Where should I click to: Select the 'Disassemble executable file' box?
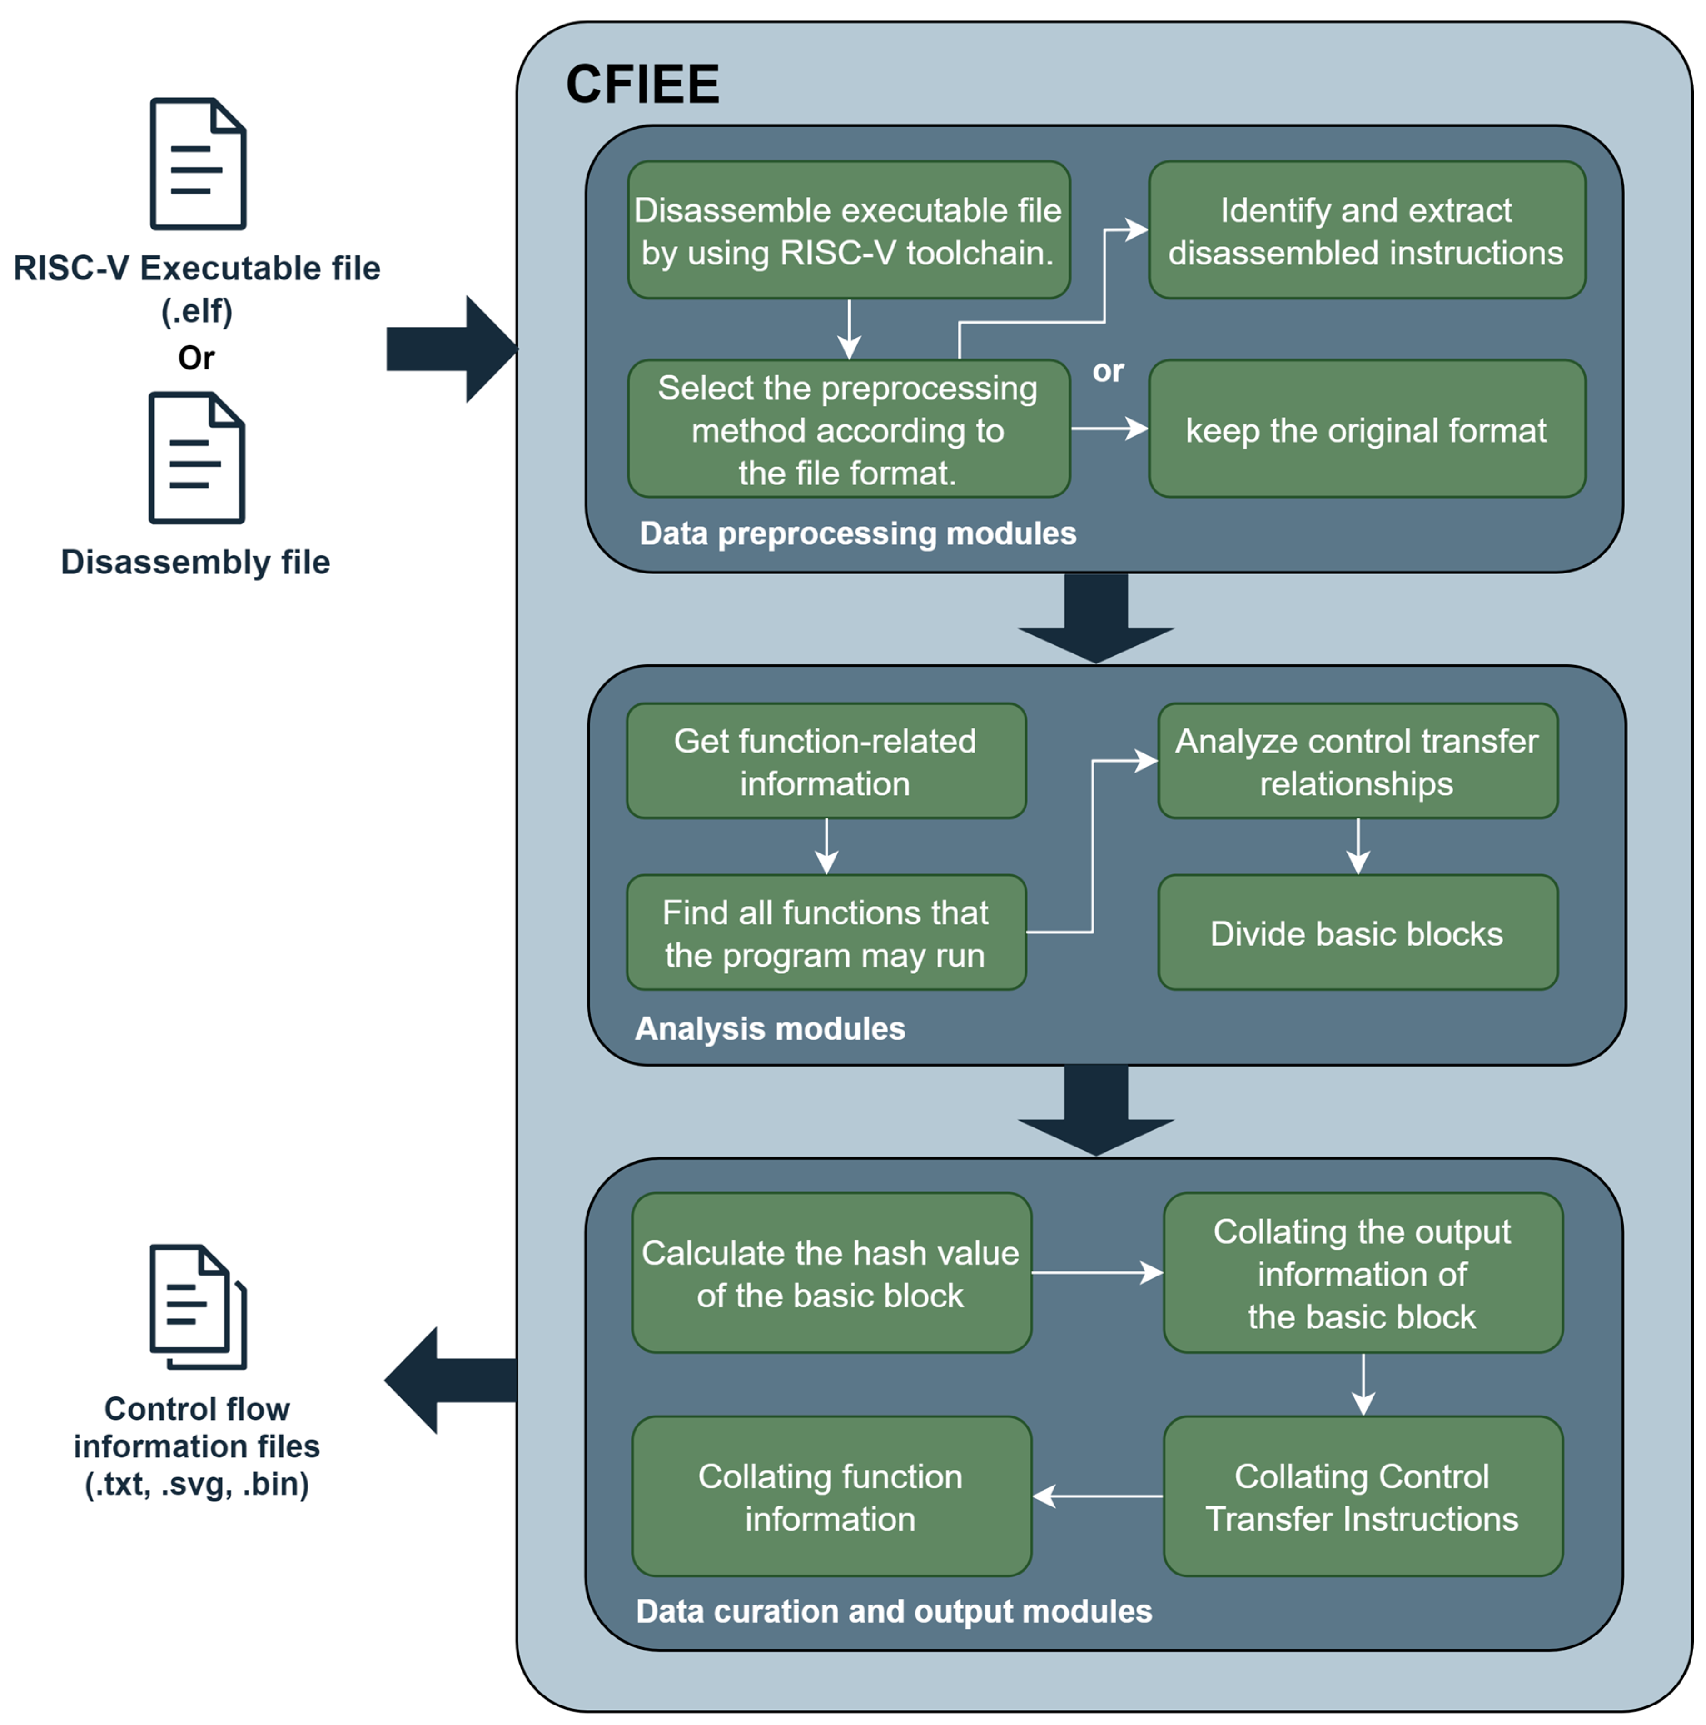(x=848, y=230)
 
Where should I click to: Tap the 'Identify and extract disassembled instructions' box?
(x=1366, y=230)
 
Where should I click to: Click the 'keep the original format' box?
(x=1366, y=429)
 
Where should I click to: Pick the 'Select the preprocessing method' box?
(x=848, y=429)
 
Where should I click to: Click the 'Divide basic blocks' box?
(x=1357, y=933)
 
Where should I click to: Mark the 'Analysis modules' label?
(x=770, y=1028)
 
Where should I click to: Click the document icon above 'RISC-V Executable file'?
(x=197, y=165)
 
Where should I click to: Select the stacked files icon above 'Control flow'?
(x=197, y=1306)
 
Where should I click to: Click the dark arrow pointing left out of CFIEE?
(x=446, y=1381)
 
